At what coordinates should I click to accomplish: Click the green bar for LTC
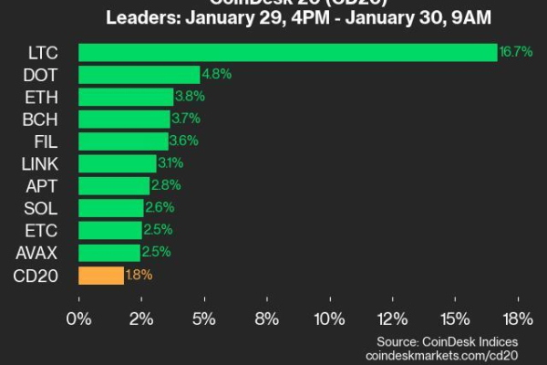(287, 52)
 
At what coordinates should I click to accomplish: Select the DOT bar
(139, 75)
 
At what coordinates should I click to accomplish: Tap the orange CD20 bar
(101, 275)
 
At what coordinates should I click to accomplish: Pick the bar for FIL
(123, 141)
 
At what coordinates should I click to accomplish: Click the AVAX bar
(109, 253)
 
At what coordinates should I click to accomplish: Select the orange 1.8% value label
(139, 275)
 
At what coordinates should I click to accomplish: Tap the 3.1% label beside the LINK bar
(170, 163)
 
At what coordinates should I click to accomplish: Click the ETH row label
(35, 97)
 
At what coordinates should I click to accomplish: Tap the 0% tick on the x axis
(79, 320)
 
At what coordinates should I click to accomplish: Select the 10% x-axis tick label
(329, 320)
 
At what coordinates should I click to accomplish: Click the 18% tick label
(518, 320)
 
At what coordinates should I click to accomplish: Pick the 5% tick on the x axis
(204, 320)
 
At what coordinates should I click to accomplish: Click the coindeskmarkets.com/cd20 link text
(442, 354)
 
